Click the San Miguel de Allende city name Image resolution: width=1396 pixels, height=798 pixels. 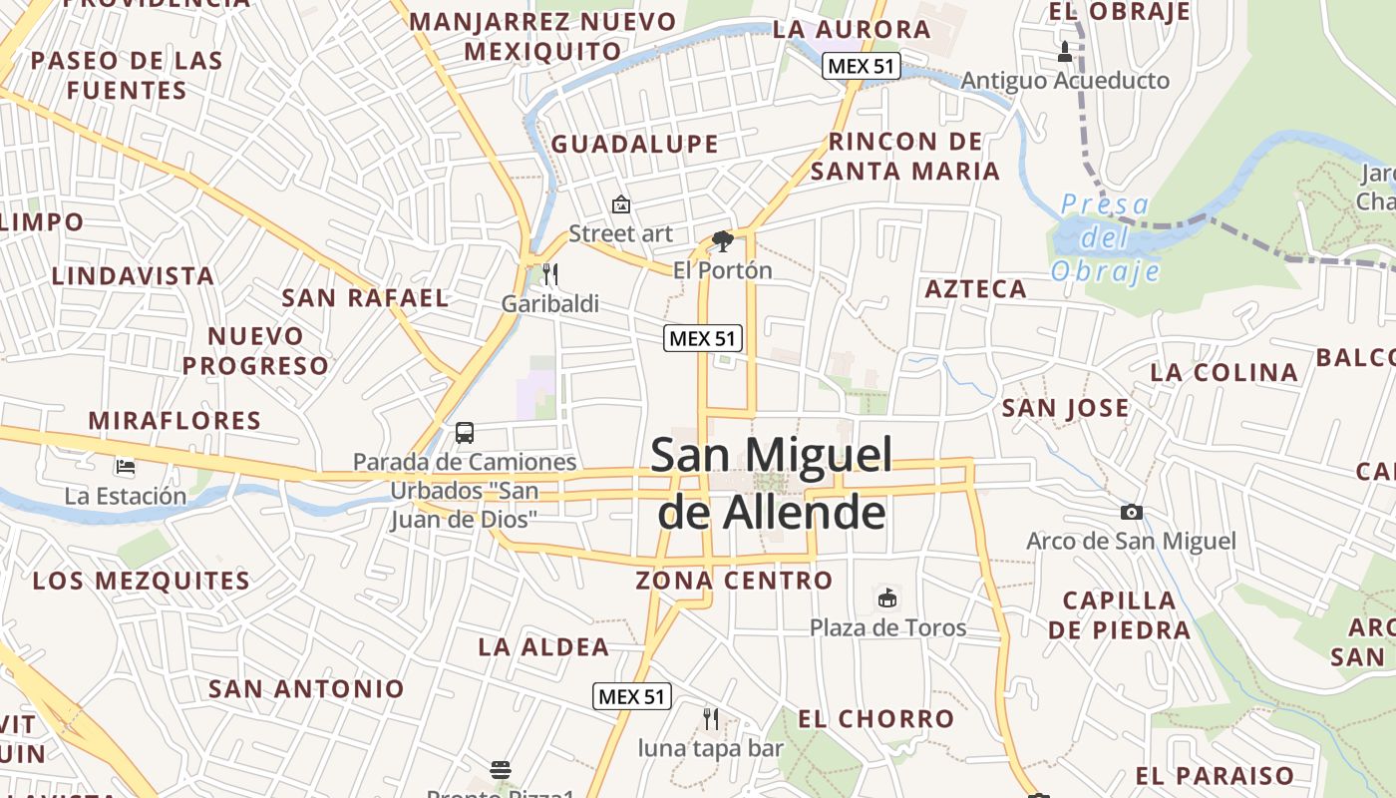click(771, 484)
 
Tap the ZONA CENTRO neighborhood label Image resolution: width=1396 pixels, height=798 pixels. click(734, 580)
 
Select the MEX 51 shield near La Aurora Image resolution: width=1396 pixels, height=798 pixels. click(862, 67)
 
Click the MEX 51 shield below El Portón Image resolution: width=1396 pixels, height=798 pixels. click(703, 338)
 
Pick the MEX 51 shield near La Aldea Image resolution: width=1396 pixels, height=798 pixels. click(632, 696)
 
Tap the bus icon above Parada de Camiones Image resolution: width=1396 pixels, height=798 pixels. click(465, 433)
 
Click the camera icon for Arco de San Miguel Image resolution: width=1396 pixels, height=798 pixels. click(1131, 513)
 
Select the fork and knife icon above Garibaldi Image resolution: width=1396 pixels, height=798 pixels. click(549, 274)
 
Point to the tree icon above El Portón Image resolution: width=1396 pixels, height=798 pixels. click(722, 241)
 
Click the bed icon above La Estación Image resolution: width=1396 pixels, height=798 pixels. click(125, 466)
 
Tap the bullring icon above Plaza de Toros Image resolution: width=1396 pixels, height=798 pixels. click(886, 598)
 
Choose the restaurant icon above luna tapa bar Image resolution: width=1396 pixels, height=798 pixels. click(710, 718)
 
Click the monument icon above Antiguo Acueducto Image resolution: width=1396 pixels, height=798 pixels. click(1065, 51)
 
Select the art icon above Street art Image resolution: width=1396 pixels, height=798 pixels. click(620, 204)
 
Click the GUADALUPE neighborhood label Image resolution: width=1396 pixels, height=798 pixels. click(634, 145)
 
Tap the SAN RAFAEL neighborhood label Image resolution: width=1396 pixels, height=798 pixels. click(365, 297)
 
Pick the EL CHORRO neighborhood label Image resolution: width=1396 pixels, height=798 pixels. click(875, 718)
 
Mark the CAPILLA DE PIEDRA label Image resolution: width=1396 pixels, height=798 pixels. click(1119, 614)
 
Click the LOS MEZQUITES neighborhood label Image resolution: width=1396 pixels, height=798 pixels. click(142, 581)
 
